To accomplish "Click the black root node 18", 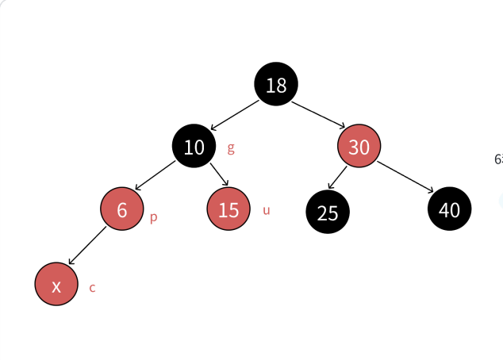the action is tap(276, 85).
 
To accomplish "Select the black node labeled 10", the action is tap(194, 147).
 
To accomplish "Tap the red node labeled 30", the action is tap(359, 147).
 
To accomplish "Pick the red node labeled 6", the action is tap(121, 209).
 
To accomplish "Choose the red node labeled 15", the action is tap(228, 209).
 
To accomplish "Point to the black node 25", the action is tap(328, 213).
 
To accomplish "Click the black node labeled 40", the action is tap(449, 209).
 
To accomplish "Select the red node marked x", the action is tap(56, 285).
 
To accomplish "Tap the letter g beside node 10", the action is tap(231, 147).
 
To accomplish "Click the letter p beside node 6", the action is tap(153, 217).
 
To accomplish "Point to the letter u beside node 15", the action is tap(266, 210).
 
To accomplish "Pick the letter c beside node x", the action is tap(92, 288).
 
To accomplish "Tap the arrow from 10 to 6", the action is tap(156, 175).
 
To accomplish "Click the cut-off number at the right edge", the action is tap(498, 159).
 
